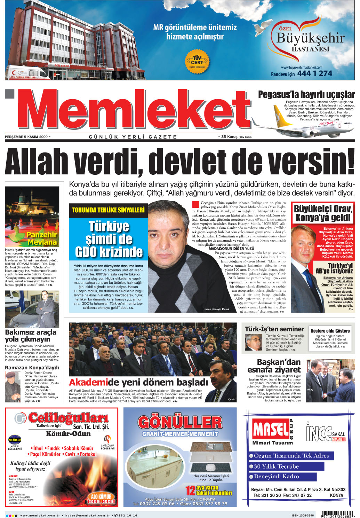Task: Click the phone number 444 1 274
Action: click(314, 73)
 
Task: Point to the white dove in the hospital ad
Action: click(264, 28)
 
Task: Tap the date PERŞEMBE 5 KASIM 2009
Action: click(26, 137)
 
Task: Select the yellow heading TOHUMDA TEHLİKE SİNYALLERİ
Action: click(108, 210)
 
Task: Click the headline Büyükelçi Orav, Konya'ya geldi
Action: click(323, 213)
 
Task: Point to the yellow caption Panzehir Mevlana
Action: click(42, 238)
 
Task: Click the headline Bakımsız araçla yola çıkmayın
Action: click(31, 336)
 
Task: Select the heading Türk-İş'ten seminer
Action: click(274, 329)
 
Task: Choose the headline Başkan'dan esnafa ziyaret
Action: click(274, 366)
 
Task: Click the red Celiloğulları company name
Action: click(68, 417)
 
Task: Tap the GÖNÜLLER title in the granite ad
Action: click(180, 422)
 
